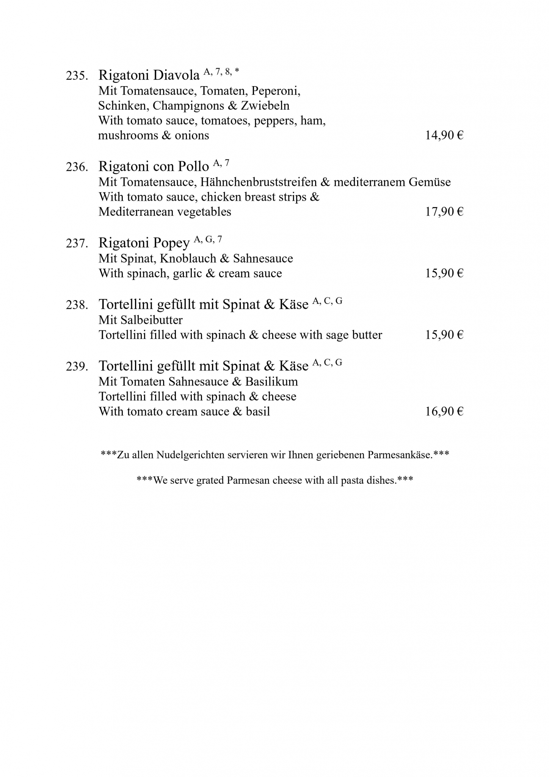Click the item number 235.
click(x=77, y=76)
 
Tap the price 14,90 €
click(x=444, y=135)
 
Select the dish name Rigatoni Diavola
click(x=149, y=75)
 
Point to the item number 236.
click(x=77, y=167)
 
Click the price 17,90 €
click(x=444, y=212)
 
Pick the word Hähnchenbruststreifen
click(x=259, y=182)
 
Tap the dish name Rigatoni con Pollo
click(x=154, y=167)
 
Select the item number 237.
click(x=77, y=243)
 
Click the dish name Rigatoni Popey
click(x=144, y=243)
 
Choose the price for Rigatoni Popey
click(x=444, y=274)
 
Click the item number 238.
click(x=77, y=305)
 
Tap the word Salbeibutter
click(x=152, y=320)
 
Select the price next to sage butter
click(x=444, y=335)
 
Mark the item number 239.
click(x=77, y=366)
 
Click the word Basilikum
click(x=271, y=382)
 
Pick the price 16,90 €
click(x=444, y=412)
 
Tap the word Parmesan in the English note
click(x=248, y=481)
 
